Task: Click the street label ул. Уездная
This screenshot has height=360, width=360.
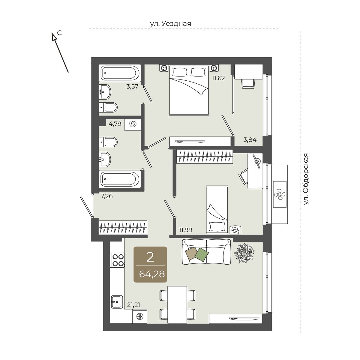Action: click(170, 24)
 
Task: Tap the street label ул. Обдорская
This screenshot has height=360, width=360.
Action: click(306, 179)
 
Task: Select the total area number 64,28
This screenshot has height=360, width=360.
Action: click(152, 274)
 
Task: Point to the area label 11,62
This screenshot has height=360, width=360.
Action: click(218, 78)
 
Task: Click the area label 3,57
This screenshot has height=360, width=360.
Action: click(132, 86)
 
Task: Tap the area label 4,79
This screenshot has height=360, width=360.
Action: click(115, 124)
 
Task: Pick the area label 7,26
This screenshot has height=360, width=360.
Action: click(106, 196)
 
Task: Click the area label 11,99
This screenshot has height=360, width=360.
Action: click(185, 230)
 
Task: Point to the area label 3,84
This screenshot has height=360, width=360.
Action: click(250, 139)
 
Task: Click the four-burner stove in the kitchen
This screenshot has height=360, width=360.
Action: click(118, 260)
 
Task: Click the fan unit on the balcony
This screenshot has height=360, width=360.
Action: click(280, 194)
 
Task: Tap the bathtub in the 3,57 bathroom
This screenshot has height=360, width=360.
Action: click(120, 73)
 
